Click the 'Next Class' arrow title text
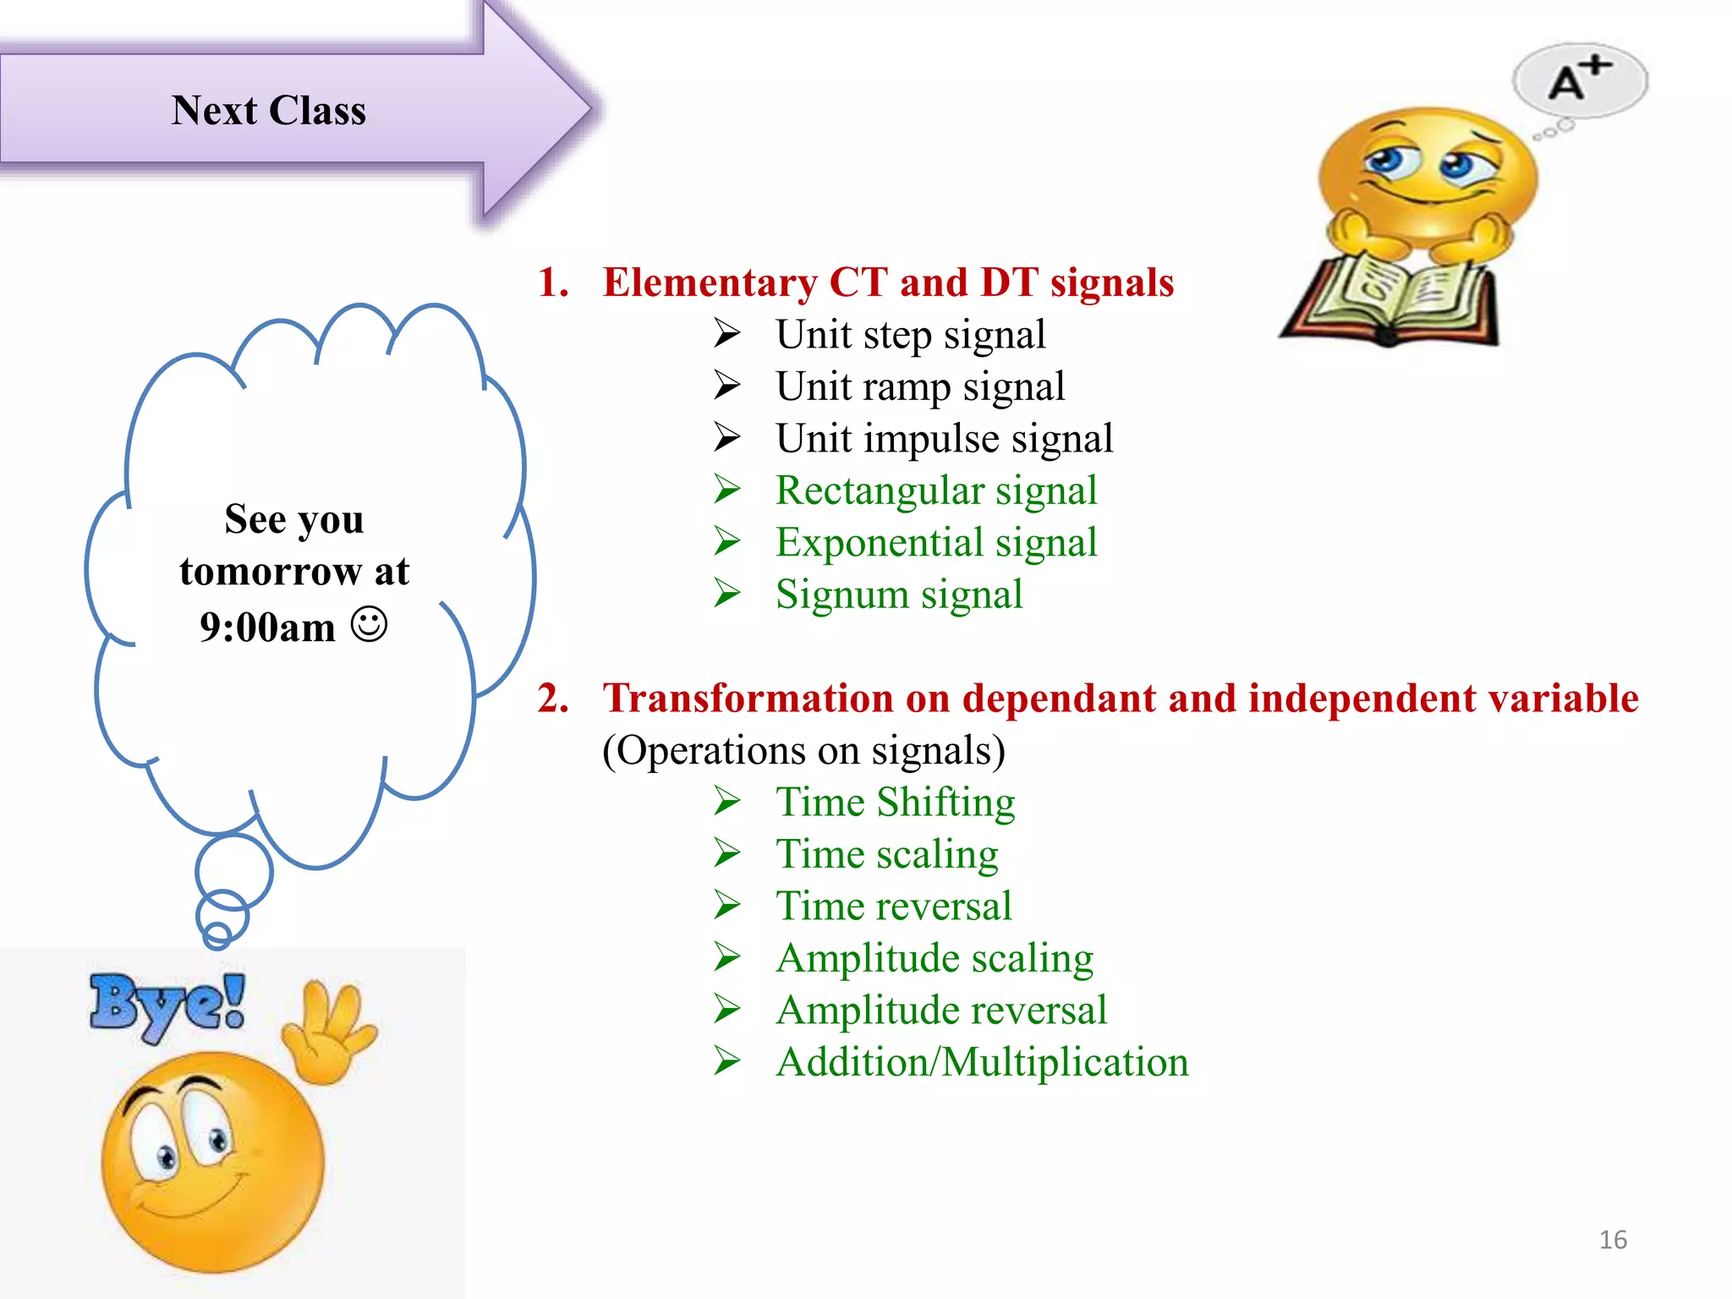pyautogui.click(x=268, y=111)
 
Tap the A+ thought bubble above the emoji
pyautogui.click(x=1579, y=81)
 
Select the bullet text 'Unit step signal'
pyautogui.click(x=910, y=335)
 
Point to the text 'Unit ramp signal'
pyautogui.click(x=919, y=387)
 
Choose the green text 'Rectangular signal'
pyautogui.click(x=935, y=491)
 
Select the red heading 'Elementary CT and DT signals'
pyautogui.click(x=887, y=282)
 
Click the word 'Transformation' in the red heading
pyautogui.click(x=748, y=699)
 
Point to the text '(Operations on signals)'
pyautogui.click(x=803, y=751)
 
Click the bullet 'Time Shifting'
pyautogui.click(x=895, y=803)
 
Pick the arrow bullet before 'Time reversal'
pyautogui.click(x=727, y=906)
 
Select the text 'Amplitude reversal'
pyautogui.click(x=940, y=1011)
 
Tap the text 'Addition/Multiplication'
pyautogui.click(x=982, y=1063)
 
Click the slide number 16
pyautogui.click(x=1612, y=1240)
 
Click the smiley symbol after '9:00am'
pyautogui.click(x=369, y=625)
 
